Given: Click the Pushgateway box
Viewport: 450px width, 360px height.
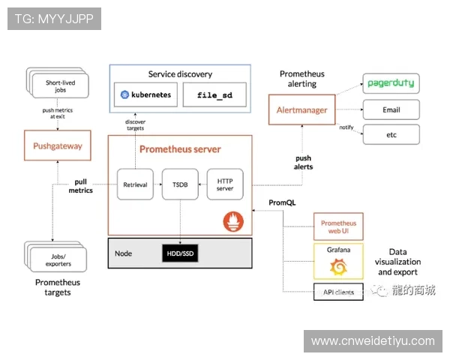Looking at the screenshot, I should pos(58,145).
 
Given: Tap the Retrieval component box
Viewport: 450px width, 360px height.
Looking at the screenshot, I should pos(136,184).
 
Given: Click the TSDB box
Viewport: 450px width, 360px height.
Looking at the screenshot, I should pos(180,184).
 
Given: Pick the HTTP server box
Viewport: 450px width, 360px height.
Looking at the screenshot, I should pos(225,184).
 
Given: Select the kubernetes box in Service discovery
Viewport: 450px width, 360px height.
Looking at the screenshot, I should pos(146,95).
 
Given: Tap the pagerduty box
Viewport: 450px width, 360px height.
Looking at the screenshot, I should pos(391,82).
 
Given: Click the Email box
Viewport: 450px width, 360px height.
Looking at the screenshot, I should pos(391,109).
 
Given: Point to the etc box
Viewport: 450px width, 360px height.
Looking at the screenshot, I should pos(391,135).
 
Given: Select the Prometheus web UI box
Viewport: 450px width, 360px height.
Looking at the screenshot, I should pos(338,227).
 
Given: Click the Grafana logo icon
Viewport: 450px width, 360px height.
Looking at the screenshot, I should pos(338,266).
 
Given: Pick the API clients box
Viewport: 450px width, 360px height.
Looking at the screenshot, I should pos(338,291).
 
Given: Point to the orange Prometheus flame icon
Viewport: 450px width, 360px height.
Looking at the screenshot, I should pos(234,221).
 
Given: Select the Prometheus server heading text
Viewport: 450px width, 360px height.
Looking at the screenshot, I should pos(180,149).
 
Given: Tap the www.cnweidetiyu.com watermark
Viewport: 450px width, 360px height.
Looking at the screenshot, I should pos(373,341).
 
